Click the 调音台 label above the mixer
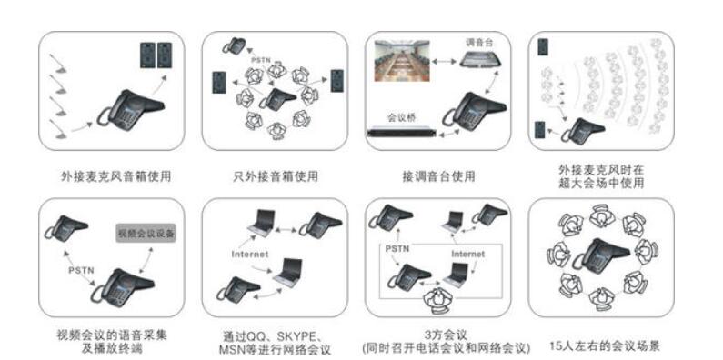479,43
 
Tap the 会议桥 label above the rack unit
401,118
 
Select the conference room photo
402,61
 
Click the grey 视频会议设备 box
146,234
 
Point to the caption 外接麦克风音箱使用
115,176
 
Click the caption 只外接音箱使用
276,176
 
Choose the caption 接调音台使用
438,176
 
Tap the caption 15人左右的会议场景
606,345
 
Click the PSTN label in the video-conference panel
81,271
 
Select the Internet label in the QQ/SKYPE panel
249,254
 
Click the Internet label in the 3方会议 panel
468,254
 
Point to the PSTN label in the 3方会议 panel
397,249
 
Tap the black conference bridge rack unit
402,132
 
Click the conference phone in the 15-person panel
601,255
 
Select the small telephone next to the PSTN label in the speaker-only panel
235,46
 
